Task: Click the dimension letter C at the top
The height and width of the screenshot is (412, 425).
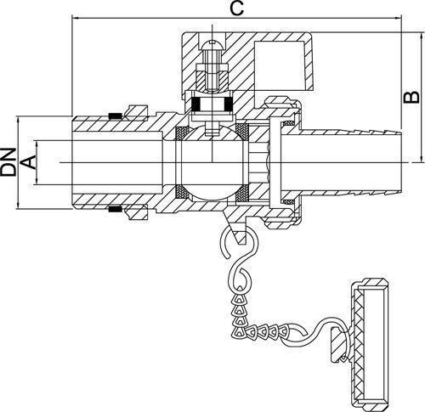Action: click(236, 8)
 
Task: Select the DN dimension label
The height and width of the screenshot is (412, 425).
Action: click(8, 162)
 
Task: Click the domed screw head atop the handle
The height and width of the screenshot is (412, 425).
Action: click(212, 44)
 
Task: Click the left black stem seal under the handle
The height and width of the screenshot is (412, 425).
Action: click(195, 104)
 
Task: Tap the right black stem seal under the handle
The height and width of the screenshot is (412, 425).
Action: click(229, 104)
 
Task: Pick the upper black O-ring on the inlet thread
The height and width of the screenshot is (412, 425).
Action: click(116, 116)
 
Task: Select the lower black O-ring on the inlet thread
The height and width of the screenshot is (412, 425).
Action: click(116, 209)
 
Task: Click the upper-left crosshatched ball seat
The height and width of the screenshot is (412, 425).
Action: click(182, 133)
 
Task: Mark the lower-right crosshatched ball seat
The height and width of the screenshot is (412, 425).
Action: click(242, 193)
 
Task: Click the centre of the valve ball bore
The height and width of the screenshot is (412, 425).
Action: click(212, 162)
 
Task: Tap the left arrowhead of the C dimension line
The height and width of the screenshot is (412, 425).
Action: click(75, 19)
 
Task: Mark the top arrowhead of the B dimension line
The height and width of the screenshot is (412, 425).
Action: click(419, 36)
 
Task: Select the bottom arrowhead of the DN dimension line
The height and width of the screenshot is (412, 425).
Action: click(18, 206)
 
